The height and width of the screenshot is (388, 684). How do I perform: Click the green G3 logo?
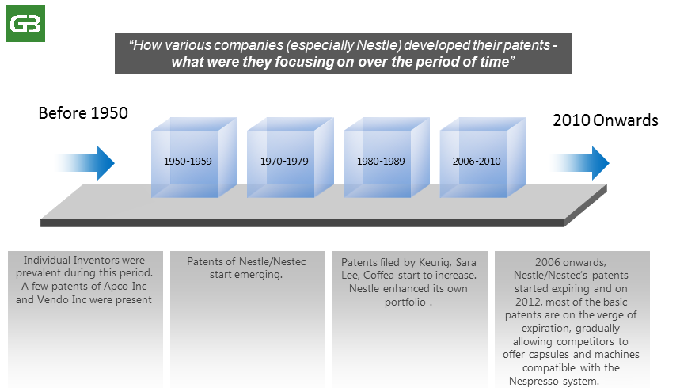pyautogui.click(x=25, y=23)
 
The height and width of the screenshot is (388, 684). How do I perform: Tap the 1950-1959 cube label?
pyautogui.click(x=188, y=161)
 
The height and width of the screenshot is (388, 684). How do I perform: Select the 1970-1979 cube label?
pyautogui.click(x=284, y=161)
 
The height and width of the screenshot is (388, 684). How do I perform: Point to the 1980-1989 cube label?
pyautogui.click(x=381, y=161)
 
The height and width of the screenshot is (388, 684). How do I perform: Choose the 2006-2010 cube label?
pyautogui.click(x=477, y=161)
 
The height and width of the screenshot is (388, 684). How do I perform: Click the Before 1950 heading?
pyautogui.click(x=83, y=113)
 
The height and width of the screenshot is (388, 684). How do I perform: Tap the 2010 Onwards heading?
pyautogui.click(x=606, y=120)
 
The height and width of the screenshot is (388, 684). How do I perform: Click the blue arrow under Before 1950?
pyautogui.click(x=84, y=163)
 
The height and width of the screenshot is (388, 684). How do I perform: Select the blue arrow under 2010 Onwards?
pyautogui.click(x=579, y=163)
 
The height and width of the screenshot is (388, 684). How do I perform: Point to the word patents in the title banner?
pyautogui.click(x=527, y=45)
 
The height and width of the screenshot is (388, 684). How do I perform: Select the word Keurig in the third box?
pyautogui.click(x=435, y=262)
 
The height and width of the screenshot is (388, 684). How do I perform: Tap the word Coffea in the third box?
pyautogui.click(x=378, y=276)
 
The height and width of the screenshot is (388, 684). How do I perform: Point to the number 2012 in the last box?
pyautogui.click(x=529, y=302)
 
